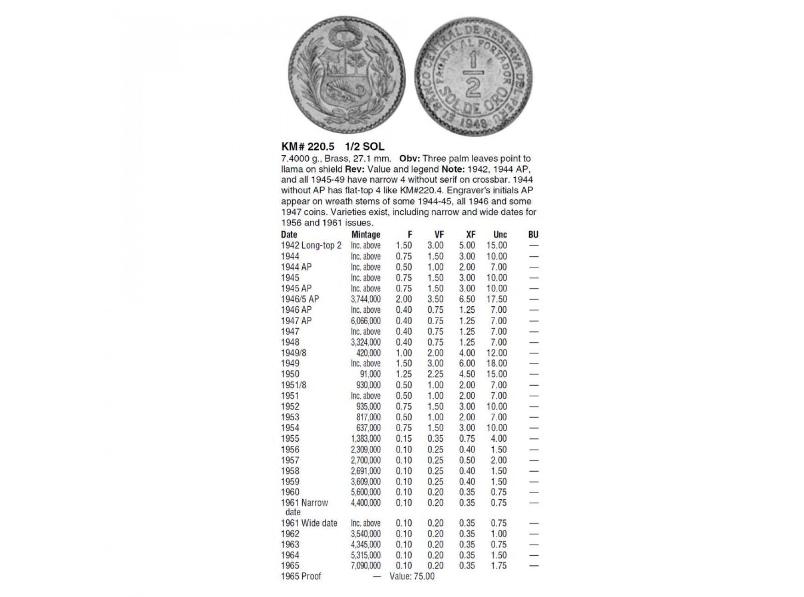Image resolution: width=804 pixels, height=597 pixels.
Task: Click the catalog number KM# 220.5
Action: click(x=307, y=146)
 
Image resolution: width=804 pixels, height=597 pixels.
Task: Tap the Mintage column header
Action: click(x=366, y=235)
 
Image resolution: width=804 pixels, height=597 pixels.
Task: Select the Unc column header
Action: click(x=500, y=235)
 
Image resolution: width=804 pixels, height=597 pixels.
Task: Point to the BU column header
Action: click(x=533, y=235)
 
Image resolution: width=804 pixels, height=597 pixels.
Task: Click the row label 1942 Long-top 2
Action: click(x=311, y=246)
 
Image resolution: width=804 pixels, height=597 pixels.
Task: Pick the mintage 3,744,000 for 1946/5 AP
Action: click(x=366, y=299)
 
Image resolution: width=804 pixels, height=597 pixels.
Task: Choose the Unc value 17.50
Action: click(x=497, y=299)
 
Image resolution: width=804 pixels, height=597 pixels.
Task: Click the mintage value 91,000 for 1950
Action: click(x=370, y=374)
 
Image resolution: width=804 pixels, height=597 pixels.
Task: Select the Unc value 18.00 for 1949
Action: click(x=497, y=364)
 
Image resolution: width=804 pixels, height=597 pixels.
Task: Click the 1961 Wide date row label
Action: click(x=309, y=523)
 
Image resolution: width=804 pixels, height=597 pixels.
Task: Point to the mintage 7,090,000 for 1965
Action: click(x=366, y=566)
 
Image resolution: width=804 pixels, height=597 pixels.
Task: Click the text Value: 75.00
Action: click(x=412, y=576)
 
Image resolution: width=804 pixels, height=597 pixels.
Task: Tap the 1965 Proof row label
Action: click(x=301, y=576)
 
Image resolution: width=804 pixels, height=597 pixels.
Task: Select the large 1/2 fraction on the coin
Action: click(x=473, y=75)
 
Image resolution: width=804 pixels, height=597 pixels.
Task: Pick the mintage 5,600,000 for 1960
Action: click(x=366, y=492)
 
